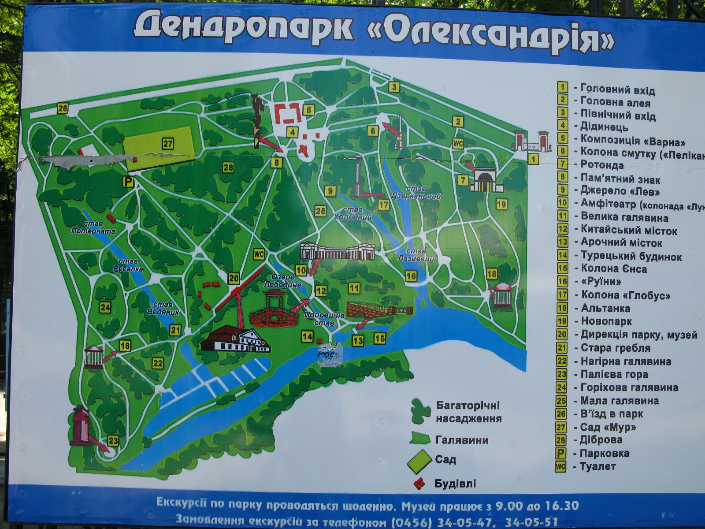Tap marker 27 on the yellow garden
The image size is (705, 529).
coord(167,143)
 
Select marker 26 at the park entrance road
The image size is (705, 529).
coord(63,108)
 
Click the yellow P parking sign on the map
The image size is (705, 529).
coord(128,182)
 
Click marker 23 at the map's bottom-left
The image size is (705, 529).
coord(113,440)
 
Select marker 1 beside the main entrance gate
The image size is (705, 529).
coord(533,159)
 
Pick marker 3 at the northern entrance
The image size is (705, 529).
coord(394,87)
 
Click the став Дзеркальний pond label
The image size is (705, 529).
coord(416,193)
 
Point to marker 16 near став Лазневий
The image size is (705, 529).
coord(411,276)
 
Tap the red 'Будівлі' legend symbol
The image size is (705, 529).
coord(419,484)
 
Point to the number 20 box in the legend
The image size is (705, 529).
coord(562,334)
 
